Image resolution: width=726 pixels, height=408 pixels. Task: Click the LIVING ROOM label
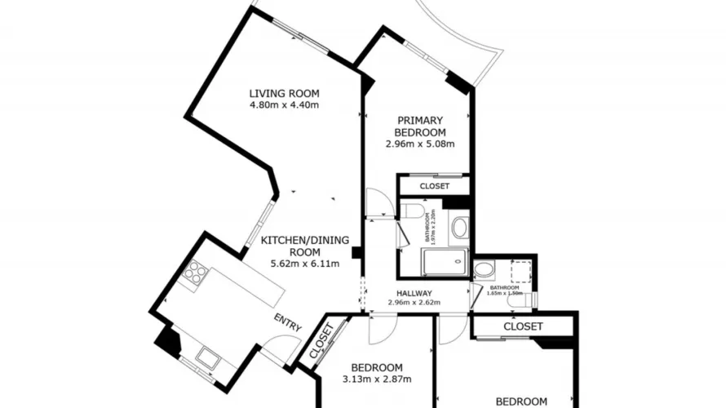click(284, 93)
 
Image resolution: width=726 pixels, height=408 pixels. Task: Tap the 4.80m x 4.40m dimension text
click(284, 104)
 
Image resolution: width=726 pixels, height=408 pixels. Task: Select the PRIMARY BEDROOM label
click(419, 126)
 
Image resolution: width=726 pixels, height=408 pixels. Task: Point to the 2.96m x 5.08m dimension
click(419, 144)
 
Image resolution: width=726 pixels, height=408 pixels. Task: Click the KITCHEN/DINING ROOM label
click(304, 246)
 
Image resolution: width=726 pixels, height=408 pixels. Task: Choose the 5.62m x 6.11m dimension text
click(303, 264)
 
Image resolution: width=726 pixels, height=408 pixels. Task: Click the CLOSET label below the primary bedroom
click(434, 186)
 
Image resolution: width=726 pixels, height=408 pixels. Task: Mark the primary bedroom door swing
click(378, 203)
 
